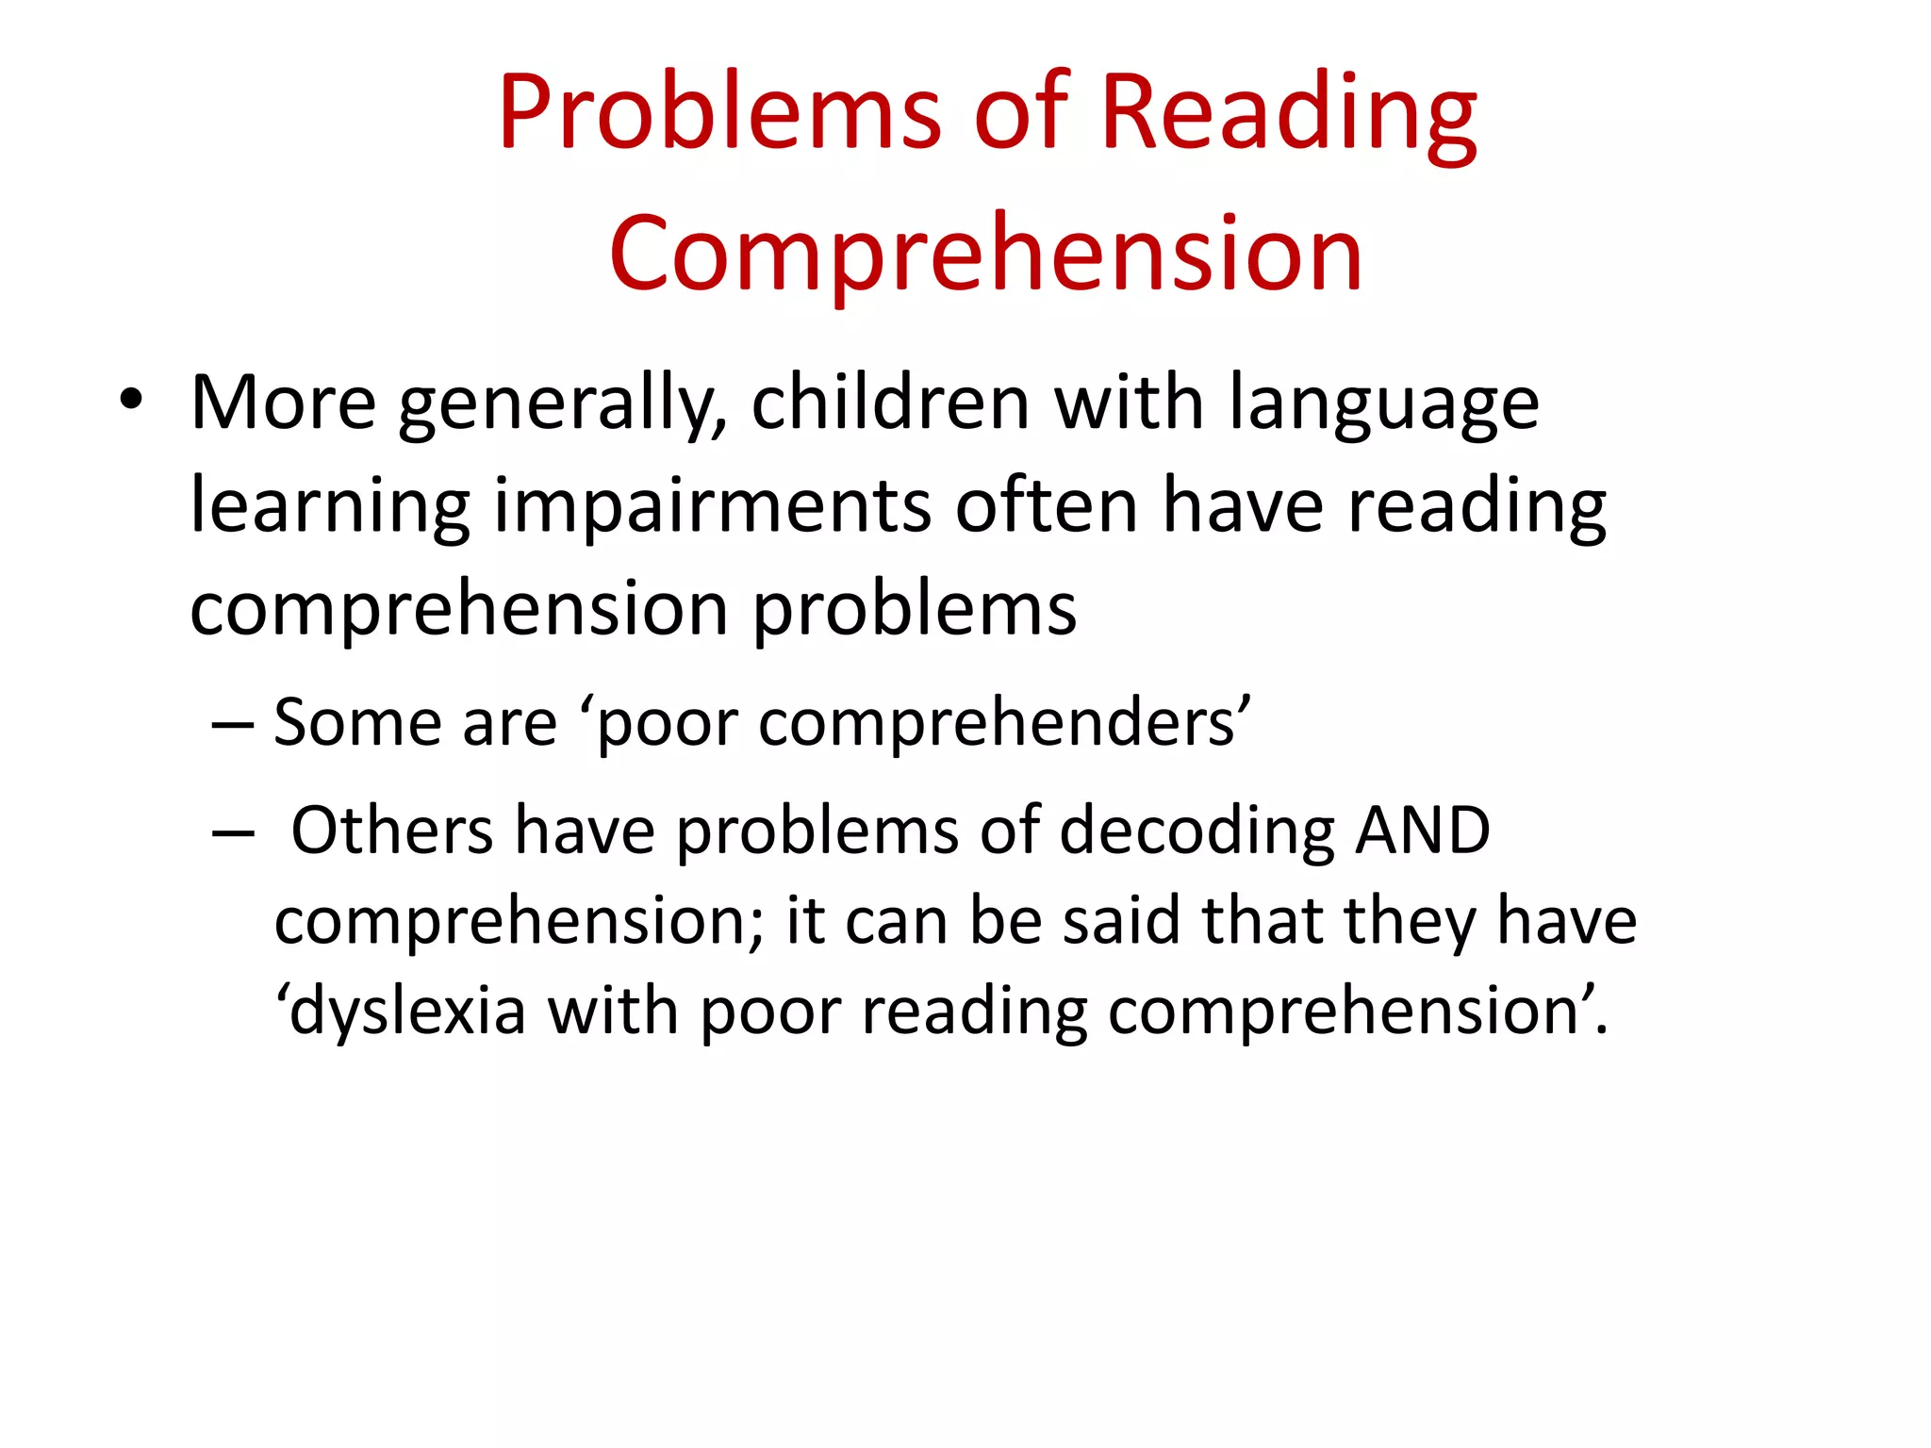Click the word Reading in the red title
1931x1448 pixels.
1288,113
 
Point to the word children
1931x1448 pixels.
890,403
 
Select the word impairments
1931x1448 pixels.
713,506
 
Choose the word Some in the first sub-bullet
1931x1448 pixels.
357,723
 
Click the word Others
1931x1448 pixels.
391,831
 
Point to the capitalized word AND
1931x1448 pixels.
1422,831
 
